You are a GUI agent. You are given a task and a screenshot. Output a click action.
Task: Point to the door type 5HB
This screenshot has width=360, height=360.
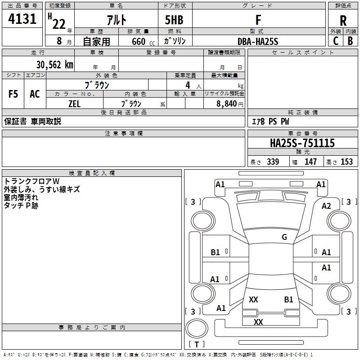click(x=174, y=20)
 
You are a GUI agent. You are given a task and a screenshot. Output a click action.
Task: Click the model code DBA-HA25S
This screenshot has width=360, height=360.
click(x=258, y=41)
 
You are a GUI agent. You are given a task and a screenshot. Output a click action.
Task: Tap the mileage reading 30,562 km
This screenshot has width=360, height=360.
click(x=54, y=64)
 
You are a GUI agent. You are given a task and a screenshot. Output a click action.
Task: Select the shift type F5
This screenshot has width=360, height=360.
click(x=13, y=94)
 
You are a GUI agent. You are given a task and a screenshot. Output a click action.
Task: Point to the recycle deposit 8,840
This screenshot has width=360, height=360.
click(x=227, y=103)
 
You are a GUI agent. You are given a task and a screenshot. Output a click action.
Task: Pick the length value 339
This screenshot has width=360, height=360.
click(x=273, y=162)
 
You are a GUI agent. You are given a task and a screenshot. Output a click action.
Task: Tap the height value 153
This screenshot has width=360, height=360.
click(x=346, y=162)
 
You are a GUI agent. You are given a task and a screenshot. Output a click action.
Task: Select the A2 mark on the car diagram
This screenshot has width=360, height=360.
click(x=326, y=206)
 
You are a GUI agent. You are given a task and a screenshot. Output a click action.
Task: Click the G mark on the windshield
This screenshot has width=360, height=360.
click(x=284, y=237)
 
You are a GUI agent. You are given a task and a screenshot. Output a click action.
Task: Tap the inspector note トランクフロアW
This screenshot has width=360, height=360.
click(x=35, y=181)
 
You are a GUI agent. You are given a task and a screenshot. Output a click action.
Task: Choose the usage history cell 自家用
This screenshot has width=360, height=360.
click(x=96, y=41)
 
